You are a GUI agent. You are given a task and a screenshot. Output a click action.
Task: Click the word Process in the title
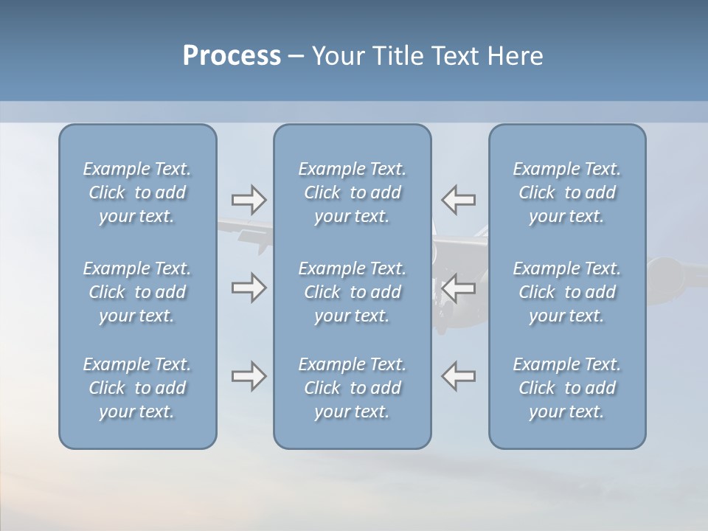(232, 56)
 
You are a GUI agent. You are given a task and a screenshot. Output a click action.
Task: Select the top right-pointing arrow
(249, 199)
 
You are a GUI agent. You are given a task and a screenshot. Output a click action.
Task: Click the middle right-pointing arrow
(249, 288)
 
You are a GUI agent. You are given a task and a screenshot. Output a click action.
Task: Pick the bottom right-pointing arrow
(249, 376)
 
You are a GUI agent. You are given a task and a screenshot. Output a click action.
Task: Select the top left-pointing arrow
(458, 199)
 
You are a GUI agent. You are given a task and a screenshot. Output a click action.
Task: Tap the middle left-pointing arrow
(458, 288)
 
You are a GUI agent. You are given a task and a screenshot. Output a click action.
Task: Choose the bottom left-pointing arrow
(458, 376)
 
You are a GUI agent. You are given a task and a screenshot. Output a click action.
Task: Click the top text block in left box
(137, 192)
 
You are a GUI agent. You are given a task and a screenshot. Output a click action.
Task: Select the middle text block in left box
(137, 292)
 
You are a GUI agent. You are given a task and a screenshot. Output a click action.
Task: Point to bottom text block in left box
(137, 388)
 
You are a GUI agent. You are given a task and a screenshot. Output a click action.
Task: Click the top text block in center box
(352, 192)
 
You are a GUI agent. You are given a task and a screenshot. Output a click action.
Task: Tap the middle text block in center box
(352, 292)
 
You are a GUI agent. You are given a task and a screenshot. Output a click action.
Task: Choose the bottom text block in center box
(352, 388)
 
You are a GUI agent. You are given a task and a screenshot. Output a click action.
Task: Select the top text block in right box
(566, 192)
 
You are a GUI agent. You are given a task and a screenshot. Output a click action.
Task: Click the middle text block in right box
(566, 292)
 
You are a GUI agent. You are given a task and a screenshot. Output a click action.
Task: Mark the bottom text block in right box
(566, 388)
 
